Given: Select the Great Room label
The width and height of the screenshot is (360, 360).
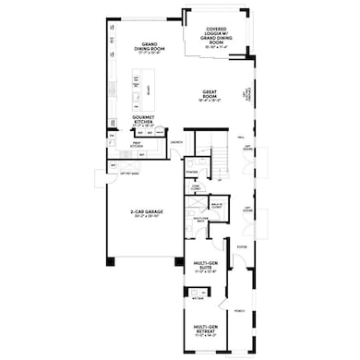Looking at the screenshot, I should click(x=214, y=94).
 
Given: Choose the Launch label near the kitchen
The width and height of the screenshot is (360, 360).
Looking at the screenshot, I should click(x=174, y=142).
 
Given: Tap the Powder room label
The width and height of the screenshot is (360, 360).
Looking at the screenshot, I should click(x=192, y=171).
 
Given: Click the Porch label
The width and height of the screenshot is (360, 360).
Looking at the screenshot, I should click(x=238, y=311).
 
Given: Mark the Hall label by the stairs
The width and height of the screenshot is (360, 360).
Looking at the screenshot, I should click(x=241, y=136).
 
